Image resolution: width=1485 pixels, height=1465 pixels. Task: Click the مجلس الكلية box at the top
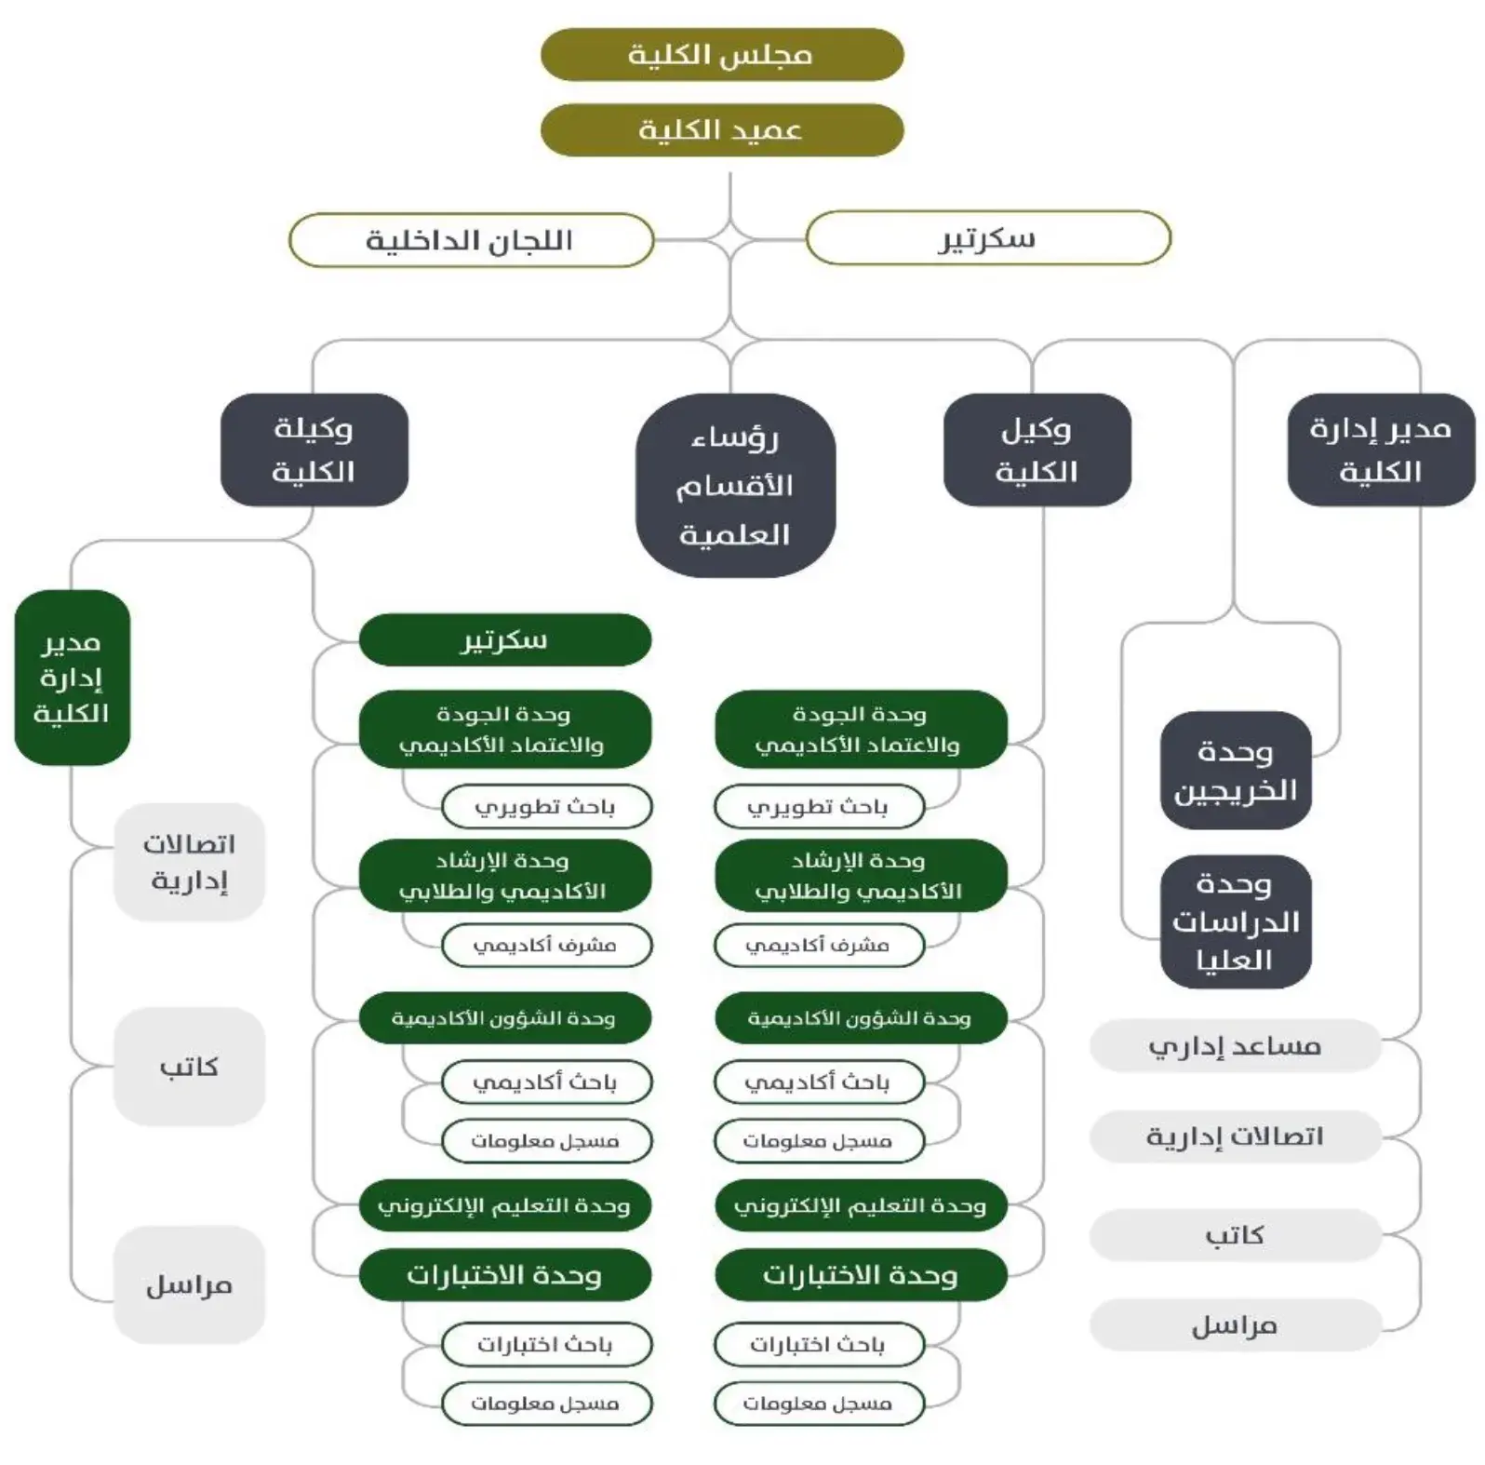point(721,55)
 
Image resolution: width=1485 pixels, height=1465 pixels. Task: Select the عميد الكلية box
point(721,130)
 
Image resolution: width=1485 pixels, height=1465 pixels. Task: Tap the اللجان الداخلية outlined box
point(471,240)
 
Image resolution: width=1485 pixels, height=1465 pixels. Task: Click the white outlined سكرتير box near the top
point(987,238)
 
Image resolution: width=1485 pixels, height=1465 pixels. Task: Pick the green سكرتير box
point(504,640)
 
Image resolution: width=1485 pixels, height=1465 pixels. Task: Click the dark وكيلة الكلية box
point(314,450)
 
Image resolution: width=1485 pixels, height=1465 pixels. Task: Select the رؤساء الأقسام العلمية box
point(735,486)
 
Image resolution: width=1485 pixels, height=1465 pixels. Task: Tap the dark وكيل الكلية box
point(1037,450)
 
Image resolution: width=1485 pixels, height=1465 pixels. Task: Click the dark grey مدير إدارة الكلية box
point(1381,450)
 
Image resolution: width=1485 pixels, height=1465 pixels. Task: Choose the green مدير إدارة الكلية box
point(72,678)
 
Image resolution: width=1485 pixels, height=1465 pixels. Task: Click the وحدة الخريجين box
point(1235,771)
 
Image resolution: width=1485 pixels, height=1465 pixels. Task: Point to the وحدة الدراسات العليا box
point(1235,921)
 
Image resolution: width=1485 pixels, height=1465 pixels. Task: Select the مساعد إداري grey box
point(1235,1046)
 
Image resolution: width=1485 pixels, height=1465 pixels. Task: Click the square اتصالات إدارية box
point(189,862)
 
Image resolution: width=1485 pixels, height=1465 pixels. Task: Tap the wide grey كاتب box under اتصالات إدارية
point(1235,1235)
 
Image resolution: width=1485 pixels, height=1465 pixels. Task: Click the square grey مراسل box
point(189,1285)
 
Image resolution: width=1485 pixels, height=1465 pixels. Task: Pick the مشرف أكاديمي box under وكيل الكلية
point(818,946)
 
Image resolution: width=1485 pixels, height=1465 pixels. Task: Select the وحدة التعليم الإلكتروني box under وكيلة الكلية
point(504,1206)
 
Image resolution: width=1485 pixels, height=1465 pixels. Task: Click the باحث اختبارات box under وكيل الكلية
point(818,1345)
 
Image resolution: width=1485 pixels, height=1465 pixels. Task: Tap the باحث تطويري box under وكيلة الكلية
point(546,807)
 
